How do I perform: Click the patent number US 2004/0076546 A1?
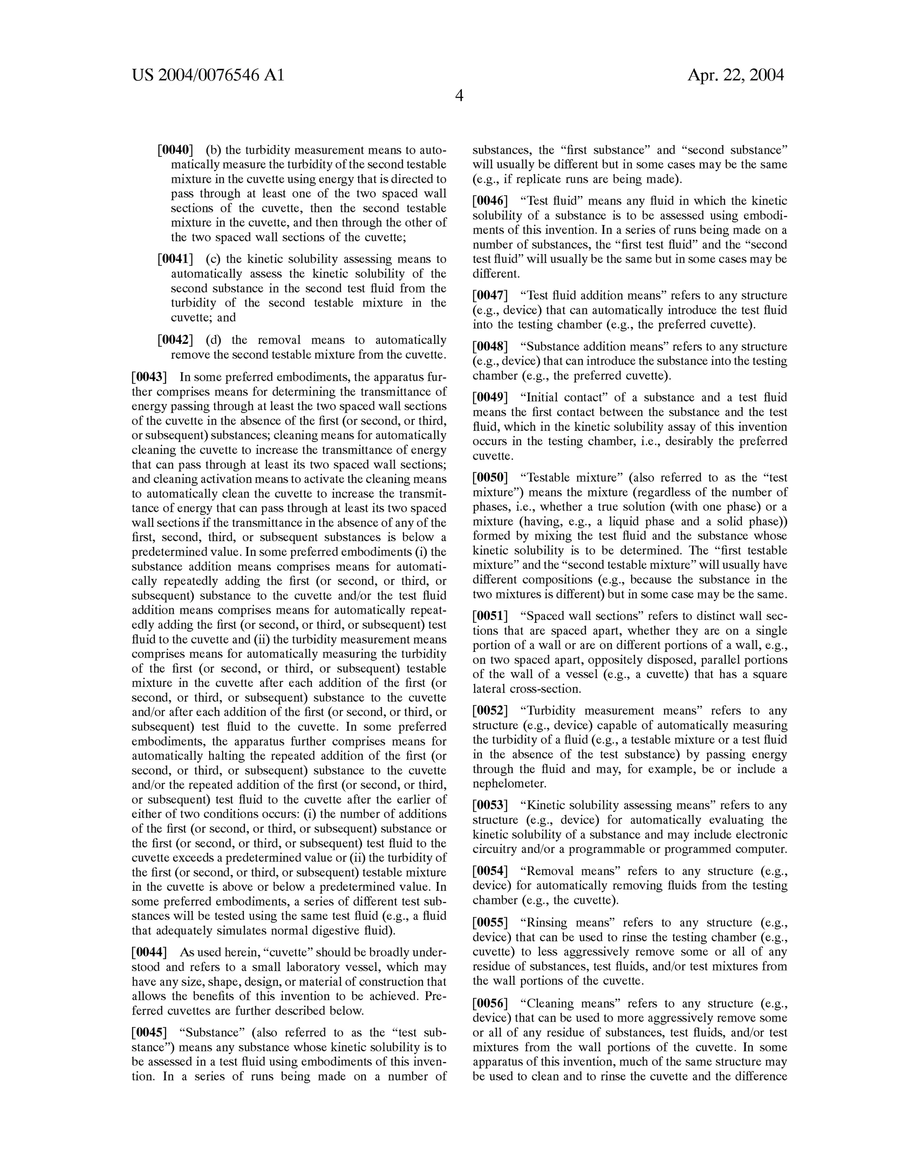coord(208,75)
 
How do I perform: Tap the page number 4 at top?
coord(459,96)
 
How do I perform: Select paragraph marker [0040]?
coord(175,150)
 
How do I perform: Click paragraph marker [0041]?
coord(175,259)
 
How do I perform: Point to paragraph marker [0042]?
coord(175,340)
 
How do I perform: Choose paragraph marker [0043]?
coord(149,377)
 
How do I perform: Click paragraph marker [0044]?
coord(149,952)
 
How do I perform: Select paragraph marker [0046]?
coord(490,201)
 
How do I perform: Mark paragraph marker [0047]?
coord(490,295)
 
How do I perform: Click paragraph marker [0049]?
coord(490,398)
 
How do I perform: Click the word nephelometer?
coord(502,784)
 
